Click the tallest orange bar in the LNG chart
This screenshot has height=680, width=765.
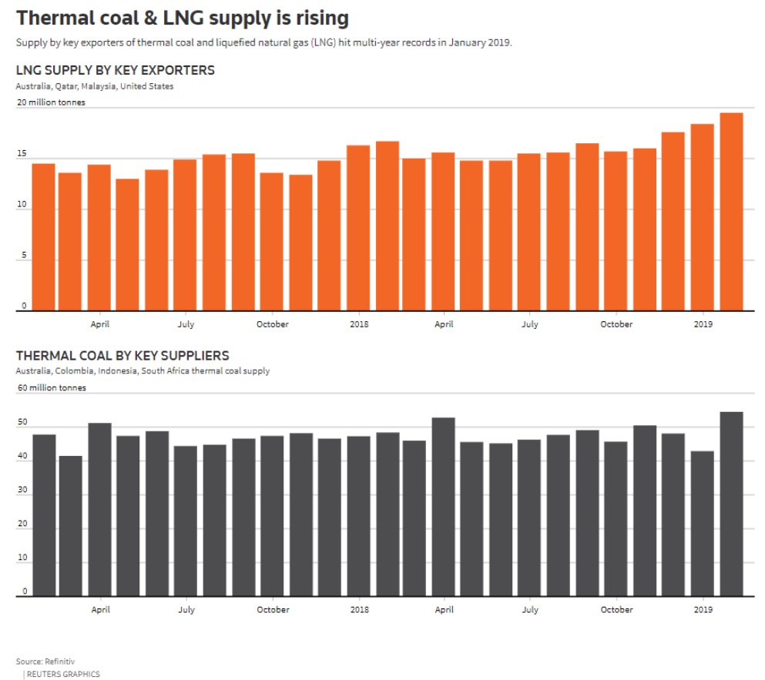(731, 212)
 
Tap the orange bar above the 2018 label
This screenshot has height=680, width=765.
(358, 228)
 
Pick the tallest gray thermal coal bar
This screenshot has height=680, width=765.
(731, 504)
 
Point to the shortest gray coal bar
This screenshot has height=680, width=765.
(70, 525)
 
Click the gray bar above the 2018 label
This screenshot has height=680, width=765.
(358, 516)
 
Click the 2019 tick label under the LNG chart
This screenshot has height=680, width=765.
(703, 324)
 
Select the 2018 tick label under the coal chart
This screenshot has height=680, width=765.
(358, 610)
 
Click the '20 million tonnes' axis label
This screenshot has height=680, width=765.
(51, 102)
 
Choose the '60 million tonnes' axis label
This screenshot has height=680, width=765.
(51, 388)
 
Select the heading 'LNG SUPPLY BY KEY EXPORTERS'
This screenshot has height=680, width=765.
(115, 71)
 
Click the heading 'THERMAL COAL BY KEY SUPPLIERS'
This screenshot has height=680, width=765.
(122, 356)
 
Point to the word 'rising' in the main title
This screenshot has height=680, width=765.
(316, 17)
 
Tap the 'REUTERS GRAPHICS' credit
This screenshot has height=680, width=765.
(62, 674)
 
